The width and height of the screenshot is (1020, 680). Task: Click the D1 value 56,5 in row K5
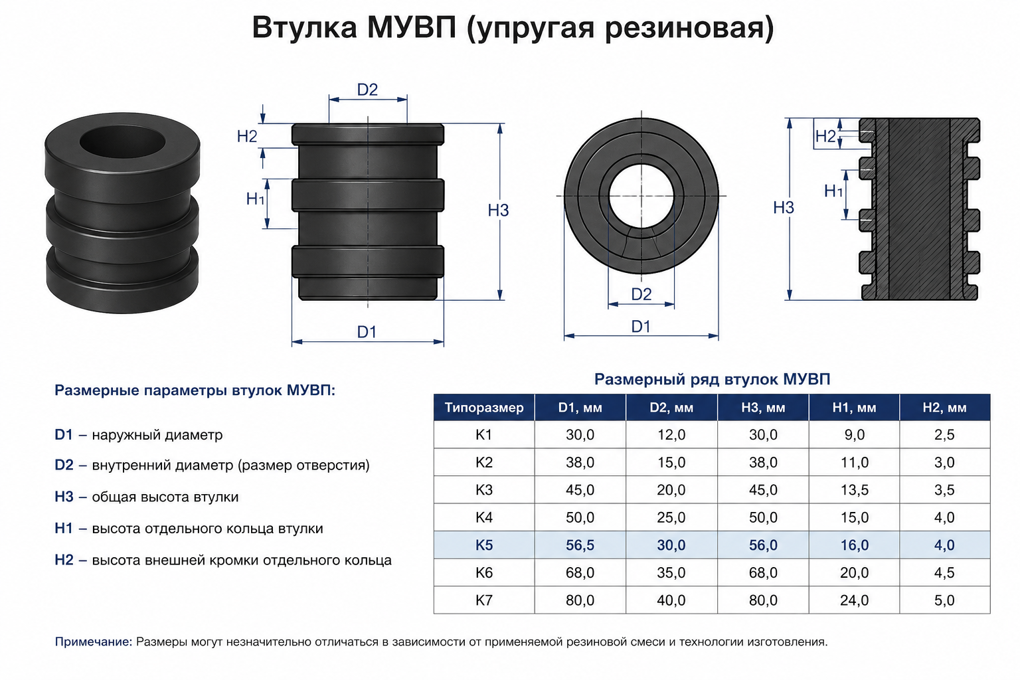tap(580, 545)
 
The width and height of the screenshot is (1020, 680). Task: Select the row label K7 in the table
tap(483, 600)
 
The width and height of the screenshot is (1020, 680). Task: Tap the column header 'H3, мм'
tap(763, 407)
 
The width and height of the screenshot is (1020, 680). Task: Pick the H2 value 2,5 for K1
tap(944, 434)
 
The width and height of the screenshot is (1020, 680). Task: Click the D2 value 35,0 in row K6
tap(671, 572)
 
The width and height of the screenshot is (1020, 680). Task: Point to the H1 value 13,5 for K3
tap(854, 489)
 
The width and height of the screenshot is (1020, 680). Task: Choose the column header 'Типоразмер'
tap(484, 407)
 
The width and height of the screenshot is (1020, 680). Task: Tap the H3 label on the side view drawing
tap(498, 210)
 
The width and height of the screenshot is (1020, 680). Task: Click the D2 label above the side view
tap(367, 90)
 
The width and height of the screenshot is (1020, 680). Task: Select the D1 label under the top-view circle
tap(641, 326)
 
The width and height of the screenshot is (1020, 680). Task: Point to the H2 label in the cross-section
tap(825, 135)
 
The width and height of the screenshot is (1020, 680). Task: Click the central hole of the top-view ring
tap(641, 197)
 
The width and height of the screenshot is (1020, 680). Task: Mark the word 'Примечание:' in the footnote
tap(94, 641)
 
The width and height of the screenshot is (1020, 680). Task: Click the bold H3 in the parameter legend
tap(64, 497)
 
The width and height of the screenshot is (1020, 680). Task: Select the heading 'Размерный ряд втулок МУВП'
tap(712, 379)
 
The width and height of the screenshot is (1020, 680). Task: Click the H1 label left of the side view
tap(255, 199)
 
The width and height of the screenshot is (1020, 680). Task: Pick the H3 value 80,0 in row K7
tap(763, 600)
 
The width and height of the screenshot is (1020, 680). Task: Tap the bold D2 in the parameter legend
tap(64, 465)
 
